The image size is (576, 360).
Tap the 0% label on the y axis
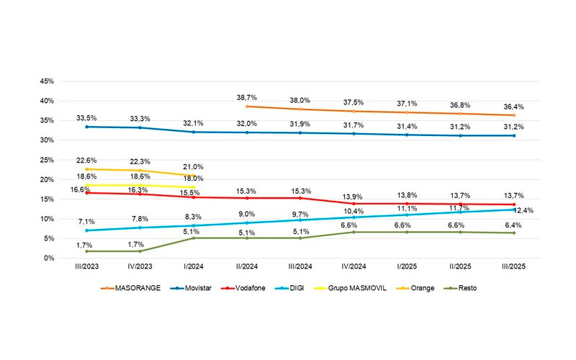[x=52, y=258]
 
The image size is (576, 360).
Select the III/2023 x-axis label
[x=88, y=268]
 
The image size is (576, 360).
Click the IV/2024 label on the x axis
[x=353, y=268]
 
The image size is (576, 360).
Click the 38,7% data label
[x=248, y=96]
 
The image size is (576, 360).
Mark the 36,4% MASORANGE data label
[x=513, y=106]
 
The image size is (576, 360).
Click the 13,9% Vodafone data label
[x=353, y=196]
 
